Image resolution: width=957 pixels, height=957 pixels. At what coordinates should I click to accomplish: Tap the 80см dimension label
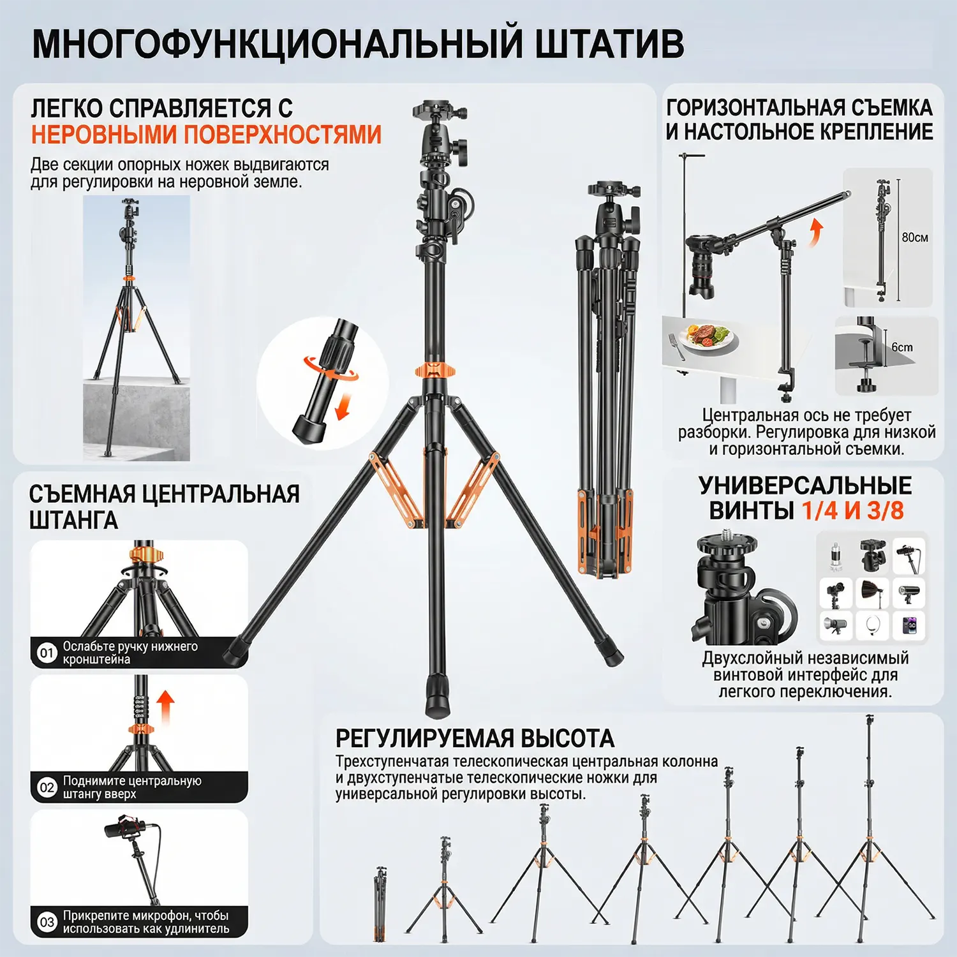tap(915, 237)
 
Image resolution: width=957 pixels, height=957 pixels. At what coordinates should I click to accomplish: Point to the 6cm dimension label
tap(902, 347)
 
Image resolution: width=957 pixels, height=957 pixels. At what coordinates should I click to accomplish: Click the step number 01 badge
tap(47, 653)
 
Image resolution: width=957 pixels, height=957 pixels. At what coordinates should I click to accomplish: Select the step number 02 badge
tap(47, 787)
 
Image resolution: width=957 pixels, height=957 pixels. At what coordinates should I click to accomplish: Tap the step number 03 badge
tap(47, 922)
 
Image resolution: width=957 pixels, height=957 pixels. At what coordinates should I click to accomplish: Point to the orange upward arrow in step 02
tap(165, 706)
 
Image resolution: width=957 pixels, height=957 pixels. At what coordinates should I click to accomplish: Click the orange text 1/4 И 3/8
tap(853, 510)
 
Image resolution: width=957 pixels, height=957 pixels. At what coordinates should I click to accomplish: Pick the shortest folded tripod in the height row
tap(380, 903)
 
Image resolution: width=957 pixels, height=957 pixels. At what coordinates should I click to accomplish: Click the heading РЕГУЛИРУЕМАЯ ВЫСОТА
tap(475, 738)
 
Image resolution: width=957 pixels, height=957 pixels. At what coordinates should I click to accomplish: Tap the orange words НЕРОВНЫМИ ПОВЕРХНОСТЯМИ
tap(206, 135)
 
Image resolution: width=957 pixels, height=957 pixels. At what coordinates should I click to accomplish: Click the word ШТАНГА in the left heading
tap(73, 521)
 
